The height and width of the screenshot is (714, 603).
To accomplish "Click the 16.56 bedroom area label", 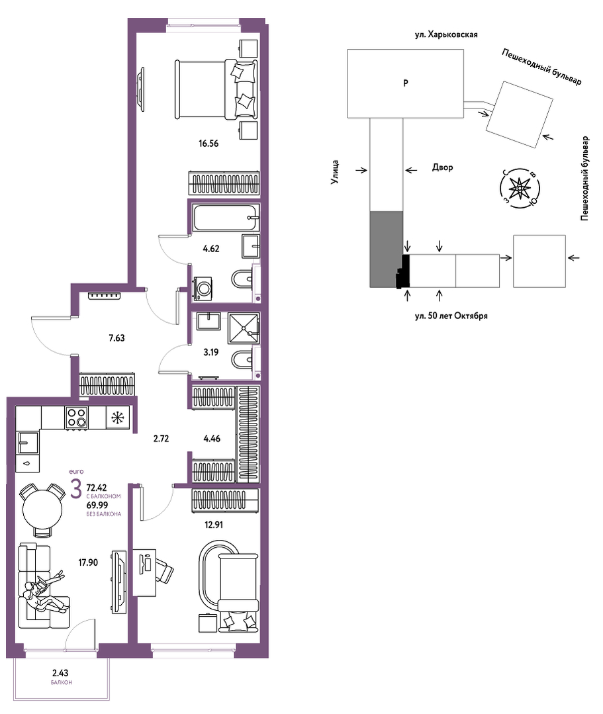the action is point(209,144).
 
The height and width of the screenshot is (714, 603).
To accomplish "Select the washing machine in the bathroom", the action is point(203,289).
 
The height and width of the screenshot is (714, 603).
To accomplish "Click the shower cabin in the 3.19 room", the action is point(244,328).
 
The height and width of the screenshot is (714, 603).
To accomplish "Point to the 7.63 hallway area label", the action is point(116,338).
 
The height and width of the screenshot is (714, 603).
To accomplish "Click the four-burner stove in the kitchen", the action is point(76,417).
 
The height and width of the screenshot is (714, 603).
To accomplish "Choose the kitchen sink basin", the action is point(28,442).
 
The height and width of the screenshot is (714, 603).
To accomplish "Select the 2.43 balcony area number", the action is point(61,672).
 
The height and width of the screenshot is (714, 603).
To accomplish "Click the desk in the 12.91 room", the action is point(144,572).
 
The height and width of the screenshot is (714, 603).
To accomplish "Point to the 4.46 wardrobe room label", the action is point(212,439).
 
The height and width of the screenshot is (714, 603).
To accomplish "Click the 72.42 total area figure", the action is point(97,488).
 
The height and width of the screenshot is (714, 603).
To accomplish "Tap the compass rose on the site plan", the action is point(520,189).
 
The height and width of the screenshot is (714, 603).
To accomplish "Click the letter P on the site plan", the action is point(405,83).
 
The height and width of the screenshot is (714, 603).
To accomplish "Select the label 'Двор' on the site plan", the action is point(442,167).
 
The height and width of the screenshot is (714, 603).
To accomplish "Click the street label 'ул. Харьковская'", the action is point(446,34).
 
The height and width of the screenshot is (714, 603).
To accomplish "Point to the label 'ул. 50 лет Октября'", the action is point(451,316).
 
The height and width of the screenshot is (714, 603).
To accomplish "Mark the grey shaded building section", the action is point(385,249).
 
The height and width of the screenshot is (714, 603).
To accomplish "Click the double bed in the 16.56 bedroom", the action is point(216,89).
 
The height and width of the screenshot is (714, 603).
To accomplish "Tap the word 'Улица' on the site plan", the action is point(335,171).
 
